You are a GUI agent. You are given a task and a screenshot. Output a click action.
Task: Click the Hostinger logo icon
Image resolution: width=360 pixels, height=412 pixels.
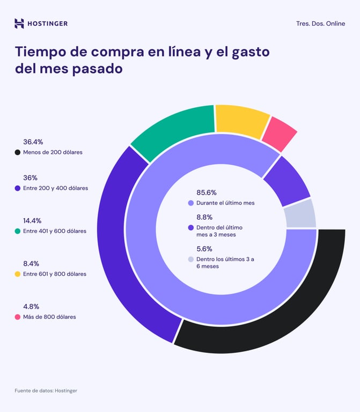(x=19, y=23)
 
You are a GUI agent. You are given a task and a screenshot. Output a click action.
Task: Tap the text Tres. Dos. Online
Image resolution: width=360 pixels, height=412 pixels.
(x=320, y=24)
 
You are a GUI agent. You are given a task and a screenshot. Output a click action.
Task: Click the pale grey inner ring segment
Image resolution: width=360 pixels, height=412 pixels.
(x=300, y=214)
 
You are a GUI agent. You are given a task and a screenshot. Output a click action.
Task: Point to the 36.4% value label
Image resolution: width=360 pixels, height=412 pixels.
(x=33, y=142)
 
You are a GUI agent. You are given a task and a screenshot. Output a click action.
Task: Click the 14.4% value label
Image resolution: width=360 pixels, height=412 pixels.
(x=32, y=220)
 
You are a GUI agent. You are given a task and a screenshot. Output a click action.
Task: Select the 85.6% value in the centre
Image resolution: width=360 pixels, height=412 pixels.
(x=207, y=193)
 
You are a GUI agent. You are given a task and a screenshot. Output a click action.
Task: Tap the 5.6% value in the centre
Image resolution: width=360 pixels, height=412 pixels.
(x=204, y=249)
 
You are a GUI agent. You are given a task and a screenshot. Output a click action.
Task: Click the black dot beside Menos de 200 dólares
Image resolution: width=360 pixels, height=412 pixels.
(x=18, y=152)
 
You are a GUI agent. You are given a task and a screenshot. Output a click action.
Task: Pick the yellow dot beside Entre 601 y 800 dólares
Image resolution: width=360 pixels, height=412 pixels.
(x=18, y=274)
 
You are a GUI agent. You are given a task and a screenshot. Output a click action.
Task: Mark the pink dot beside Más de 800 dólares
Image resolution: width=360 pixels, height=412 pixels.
(x=18, y=317)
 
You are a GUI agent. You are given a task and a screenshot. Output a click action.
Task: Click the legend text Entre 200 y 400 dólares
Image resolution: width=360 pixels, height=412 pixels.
(x=55, y=188)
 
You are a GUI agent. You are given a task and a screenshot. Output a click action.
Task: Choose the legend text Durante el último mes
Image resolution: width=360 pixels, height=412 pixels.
(x=225, y=203)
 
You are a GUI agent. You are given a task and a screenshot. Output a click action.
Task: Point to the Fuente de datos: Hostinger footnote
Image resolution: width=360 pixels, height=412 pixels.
(x=46, y=391)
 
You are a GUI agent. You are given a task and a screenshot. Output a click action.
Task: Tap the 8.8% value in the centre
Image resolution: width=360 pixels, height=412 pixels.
(x=204, y=217)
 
